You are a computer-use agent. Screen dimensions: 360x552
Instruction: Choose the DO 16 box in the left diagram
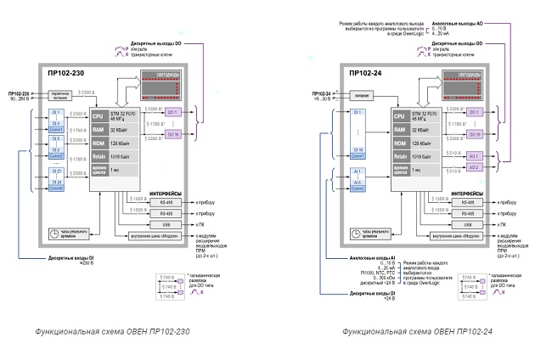pos(172,134)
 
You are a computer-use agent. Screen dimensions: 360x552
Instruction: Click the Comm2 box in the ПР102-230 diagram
pos(56,156)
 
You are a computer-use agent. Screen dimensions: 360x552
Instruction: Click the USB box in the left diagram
pos(159,223)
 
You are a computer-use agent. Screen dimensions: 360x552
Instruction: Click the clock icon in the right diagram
pos(358,233)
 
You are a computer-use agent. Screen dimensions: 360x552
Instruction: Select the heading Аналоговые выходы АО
pos(457,25)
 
